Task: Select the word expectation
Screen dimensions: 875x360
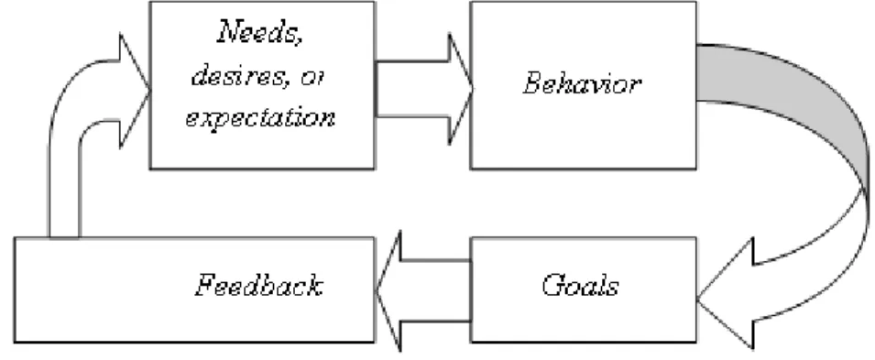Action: (x=260, y=118)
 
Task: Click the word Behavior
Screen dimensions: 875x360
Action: (x=582, y=84)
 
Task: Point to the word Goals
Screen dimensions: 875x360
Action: (x=580, y=285)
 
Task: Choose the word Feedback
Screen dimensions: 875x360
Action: (x=259, y=285)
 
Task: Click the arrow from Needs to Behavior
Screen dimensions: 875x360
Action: (x=424, y=89)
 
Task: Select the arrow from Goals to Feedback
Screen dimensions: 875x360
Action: (x=424, y=290)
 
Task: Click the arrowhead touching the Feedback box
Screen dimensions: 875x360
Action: (x=390, y=290)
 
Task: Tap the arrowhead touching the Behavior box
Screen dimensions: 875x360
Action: (x=460, y=89)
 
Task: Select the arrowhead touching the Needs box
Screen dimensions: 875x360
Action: (x=134, y=91)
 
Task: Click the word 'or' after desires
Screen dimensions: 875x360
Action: (x=312, y=78)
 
